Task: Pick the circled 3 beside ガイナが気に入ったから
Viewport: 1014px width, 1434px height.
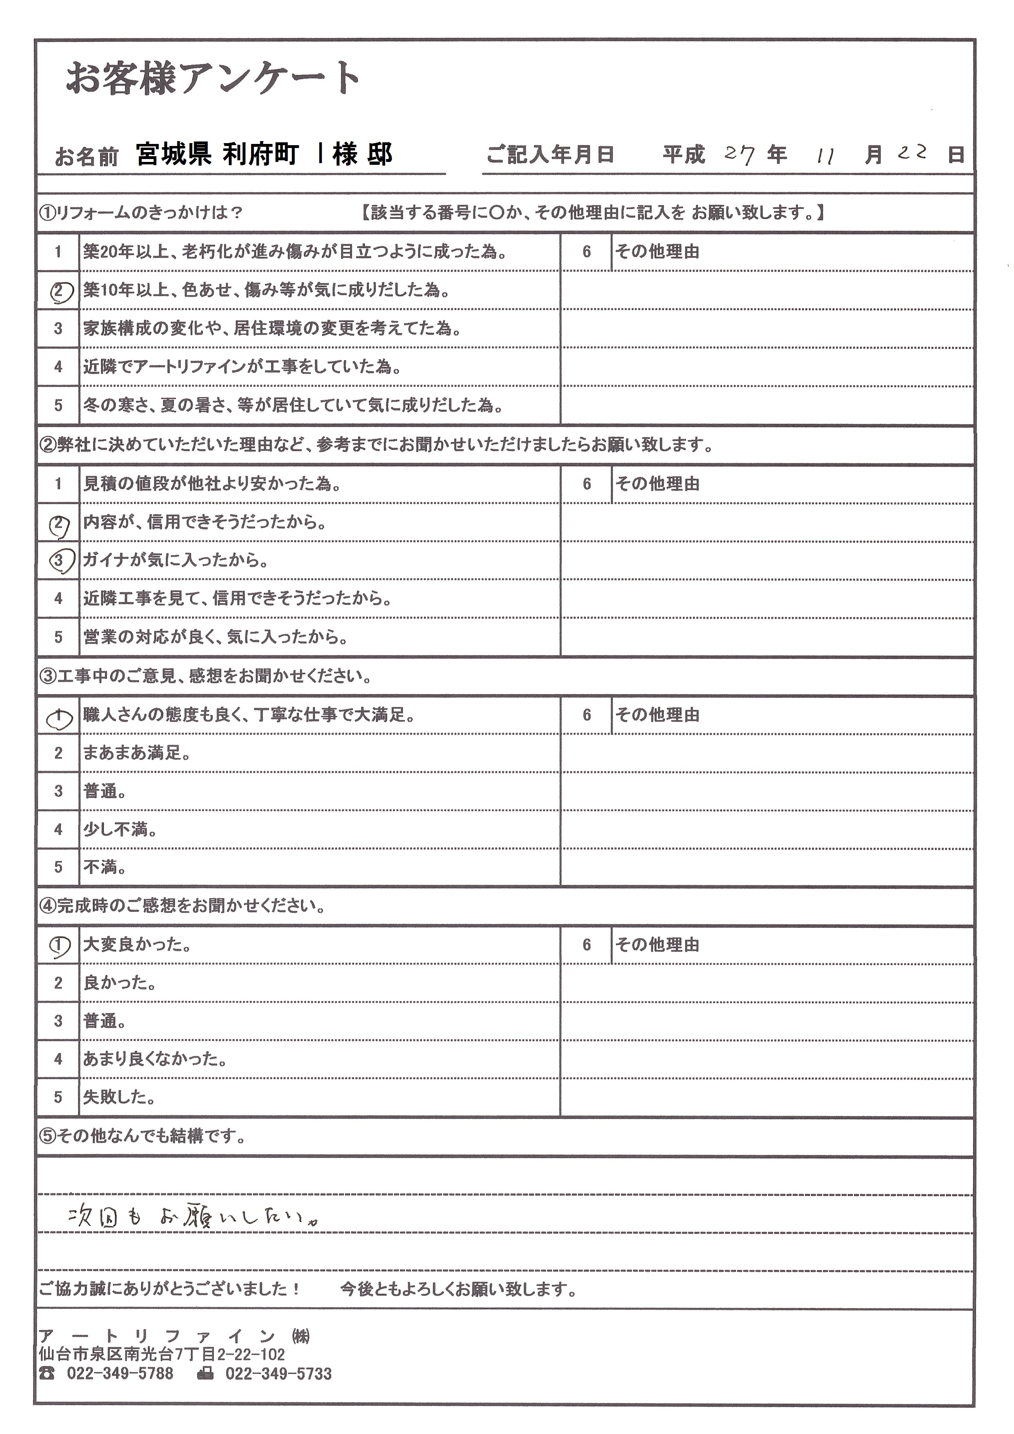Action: coord(59,560)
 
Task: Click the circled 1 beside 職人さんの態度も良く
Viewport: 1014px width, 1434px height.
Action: coord(59,720)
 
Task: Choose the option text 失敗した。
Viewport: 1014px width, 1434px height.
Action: coord(119,1097)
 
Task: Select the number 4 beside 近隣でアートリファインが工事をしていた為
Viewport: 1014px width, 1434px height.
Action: coord(58,367)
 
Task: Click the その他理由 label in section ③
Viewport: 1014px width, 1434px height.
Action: coord(657,715)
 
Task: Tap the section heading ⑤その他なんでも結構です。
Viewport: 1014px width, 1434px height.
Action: coord(142,1136)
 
